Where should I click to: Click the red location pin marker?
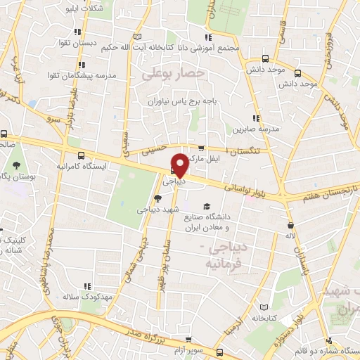pos(181,165)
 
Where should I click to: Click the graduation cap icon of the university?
pos(207,206)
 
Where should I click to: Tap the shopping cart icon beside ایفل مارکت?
pos(201,148)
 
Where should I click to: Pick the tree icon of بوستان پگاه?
pos(15,167)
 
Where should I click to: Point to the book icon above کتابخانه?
pos(264,307)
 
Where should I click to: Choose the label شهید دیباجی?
pos(159,209)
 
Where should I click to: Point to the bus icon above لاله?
pos(290,226)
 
